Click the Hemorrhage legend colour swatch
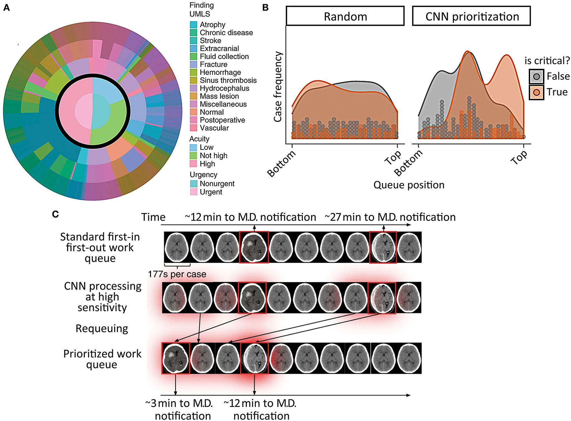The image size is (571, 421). tap(193, 72)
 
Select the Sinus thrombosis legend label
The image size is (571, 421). tap(228, 80)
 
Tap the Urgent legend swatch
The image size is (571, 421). tap(193, 192)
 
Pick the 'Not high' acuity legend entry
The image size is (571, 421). tap(213, 156)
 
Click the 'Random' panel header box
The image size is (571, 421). tap(345, 16)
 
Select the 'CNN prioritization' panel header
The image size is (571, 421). tap(471, 16)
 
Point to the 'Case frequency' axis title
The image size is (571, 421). tap(278, 87)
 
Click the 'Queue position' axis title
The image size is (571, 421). tap(409, 185)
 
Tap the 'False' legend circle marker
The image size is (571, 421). tap(536, 77)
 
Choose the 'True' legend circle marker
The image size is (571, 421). tap(536, 92)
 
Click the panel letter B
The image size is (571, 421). tap(266, 8)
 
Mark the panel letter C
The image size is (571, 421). tap(55, 214)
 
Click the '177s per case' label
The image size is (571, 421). tap(177, 274)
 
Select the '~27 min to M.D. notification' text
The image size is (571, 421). tap(390, 217)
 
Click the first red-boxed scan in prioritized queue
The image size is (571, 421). tap(176, 358)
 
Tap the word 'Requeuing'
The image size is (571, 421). tap(102, 329)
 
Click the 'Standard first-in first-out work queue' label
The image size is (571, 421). tap(100, 248)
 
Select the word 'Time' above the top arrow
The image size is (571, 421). tap(153, 217)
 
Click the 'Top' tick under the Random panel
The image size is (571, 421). tap(393, 157)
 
